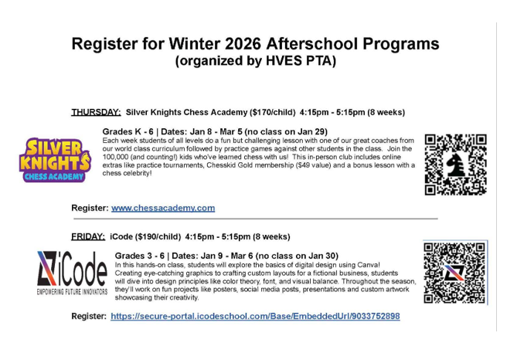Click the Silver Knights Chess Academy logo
(x=54, y=159)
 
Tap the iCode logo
(x=72, y=273)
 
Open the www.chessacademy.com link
(x=163, y=208)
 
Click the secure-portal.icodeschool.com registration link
(x=255, y=316)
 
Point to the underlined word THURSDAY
(x=95, y=111)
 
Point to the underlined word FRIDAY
(x=88, y=236)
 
